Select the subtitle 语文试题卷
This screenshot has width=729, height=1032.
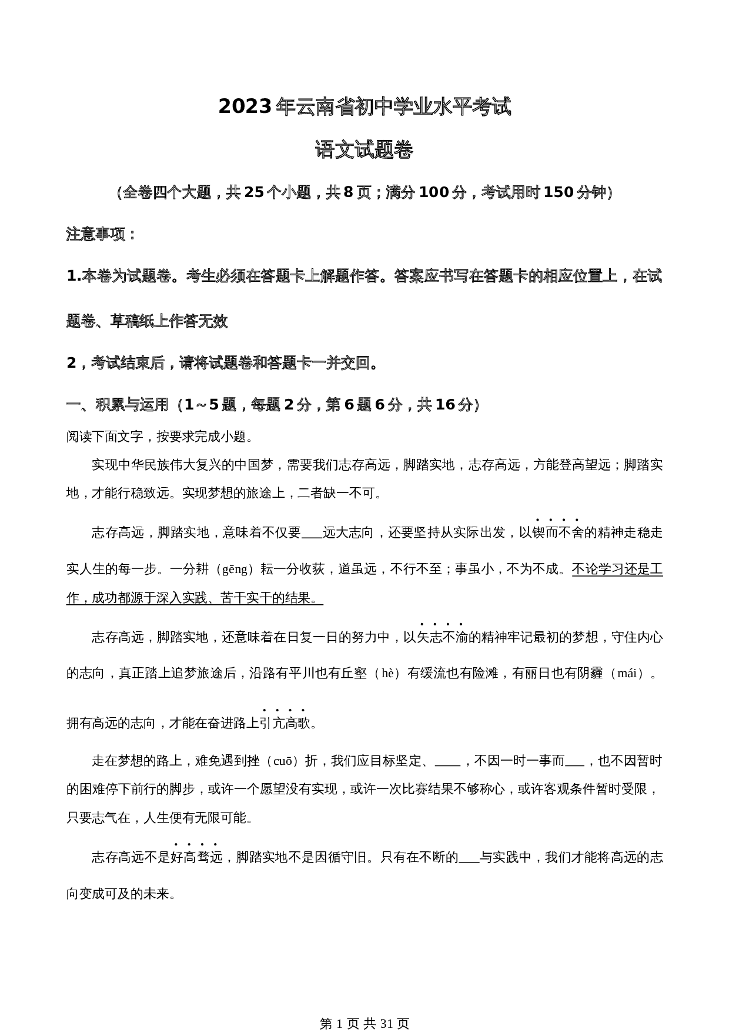coord(364,151)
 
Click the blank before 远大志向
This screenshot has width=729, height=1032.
coord(312,533)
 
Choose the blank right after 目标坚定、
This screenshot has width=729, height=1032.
coord(447,761)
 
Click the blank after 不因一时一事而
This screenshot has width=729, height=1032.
coord(574,761)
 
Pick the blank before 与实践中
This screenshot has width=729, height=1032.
coord(469,858)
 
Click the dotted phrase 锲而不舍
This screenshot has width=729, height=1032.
coord(557,533)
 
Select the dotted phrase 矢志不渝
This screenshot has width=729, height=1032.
coord(442,637)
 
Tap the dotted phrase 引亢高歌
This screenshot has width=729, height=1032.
coord(284,723)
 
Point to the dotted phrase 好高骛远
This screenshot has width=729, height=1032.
coord(196,858)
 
